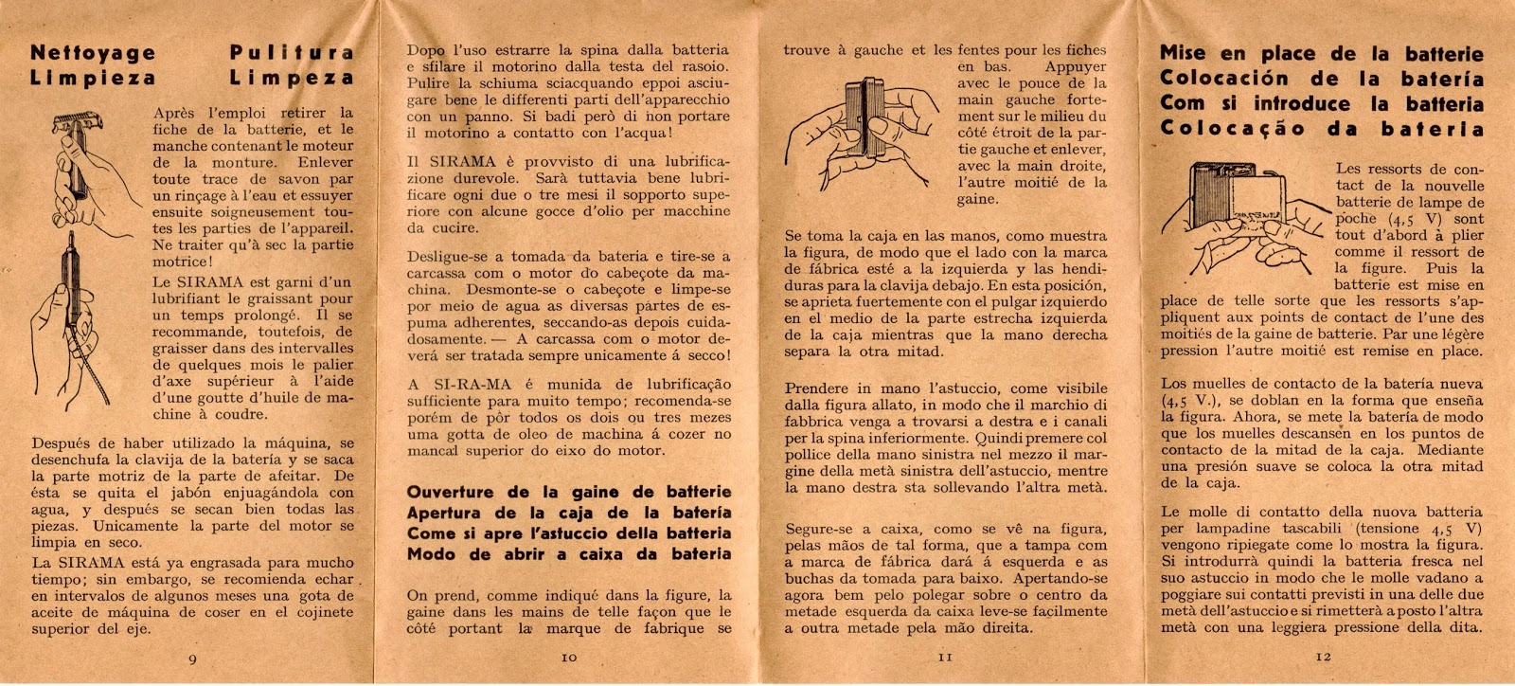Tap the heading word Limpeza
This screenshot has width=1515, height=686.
292,78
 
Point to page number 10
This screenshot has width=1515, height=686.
569,656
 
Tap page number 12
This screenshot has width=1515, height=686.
1322,656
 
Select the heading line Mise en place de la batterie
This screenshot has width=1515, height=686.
1321,54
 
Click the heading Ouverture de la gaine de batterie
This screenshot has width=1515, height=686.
568,493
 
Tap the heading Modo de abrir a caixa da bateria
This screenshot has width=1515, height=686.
568,554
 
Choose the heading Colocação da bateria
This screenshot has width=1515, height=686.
1321,128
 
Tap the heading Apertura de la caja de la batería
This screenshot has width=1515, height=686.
568,514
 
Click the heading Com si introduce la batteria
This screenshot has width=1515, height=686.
1321,103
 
